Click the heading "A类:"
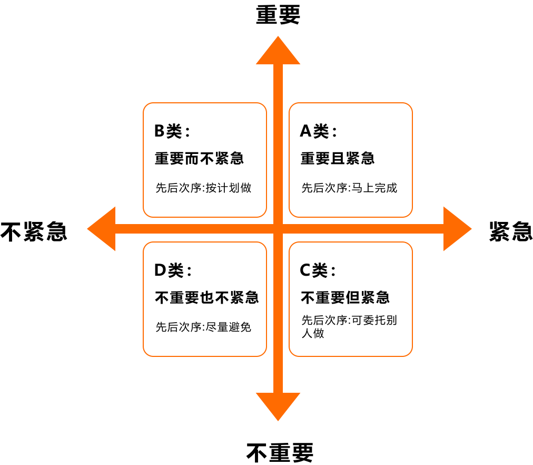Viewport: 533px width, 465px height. click(318, 131)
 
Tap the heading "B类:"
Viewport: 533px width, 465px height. click(172, 131)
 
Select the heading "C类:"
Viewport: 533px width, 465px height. click(318, 270)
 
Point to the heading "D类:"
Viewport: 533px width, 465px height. click(173, 270)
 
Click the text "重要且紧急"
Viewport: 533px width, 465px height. click(338, 158)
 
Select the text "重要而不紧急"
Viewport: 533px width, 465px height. click(199, 158)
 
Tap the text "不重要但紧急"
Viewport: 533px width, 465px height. click(345, 297)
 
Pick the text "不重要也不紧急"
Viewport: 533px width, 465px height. click(206, 297)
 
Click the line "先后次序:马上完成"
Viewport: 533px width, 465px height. click(349, 188)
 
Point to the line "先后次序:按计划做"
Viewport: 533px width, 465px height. click(203, 188)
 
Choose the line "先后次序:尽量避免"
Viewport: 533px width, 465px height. click(203, 327)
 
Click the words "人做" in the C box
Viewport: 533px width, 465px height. click(312, 333)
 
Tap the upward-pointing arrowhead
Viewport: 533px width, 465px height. click(278, 51)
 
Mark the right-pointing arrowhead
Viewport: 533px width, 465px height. click(457, 229)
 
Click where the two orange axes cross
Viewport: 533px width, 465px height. click(278, 229)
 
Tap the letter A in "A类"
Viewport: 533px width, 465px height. click(305, 131)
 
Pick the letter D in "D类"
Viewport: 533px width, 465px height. click(160, 270)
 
